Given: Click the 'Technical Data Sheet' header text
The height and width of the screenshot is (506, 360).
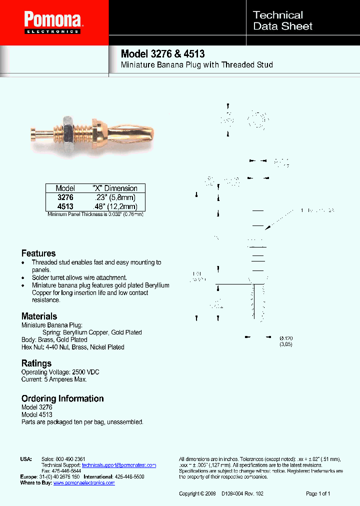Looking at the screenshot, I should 282,21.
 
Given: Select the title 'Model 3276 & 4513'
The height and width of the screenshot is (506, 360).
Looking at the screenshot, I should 162,54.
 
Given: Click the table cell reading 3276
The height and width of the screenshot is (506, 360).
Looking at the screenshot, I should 65,197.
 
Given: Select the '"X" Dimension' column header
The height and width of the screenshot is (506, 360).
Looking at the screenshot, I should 115,188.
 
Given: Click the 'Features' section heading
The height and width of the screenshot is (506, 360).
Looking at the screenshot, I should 38,253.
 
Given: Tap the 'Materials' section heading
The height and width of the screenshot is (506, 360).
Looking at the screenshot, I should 39,316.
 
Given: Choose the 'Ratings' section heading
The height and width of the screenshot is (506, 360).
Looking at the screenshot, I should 36,363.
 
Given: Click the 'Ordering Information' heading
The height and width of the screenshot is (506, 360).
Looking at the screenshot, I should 62,398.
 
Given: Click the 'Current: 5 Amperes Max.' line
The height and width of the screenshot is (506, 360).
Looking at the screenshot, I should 54,379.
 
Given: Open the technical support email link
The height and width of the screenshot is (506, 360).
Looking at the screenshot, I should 119,465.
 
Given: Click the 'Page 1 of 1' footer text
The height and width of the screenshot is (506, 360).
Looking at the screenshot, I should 318,493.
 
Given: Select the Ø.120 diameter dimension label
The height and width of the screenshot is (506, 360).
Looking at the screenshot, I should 286,339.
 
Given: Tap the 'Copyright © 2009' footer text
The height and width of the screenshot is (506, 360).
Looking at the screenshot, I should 197,493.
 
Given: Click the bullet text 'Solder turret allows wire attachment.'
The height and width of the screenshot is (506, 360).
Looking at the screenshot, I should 79,277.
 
